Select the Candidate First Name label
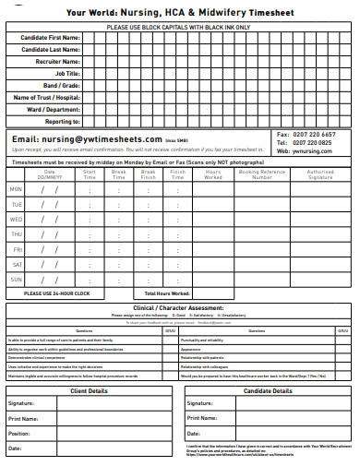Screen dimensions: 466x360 click(50, 38)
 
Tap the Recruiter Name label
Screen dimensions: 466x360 click(56, 61)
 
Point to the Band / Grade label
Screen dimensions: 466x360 click(61, 85)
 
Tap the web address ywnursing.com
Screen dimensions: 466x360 click(318, 151)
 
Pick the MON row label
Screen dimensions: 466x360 click(16, 189)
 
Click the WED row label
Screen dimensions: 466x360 click(16, 220)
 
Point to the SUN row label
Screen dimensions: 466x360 click(16, 279)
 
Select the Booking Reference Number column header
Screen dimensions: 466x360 click(261, 173)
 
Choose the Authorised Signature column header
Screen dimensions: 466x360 click(320, 173)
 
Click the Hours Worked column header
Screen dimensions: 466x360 click(213, 173)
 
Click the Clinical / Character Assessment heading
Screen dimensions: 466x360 click(178, 307)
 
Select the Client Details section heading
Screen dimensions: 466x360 click(90, 390)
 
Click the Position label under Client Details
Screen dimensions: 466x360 click(19, 433)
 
